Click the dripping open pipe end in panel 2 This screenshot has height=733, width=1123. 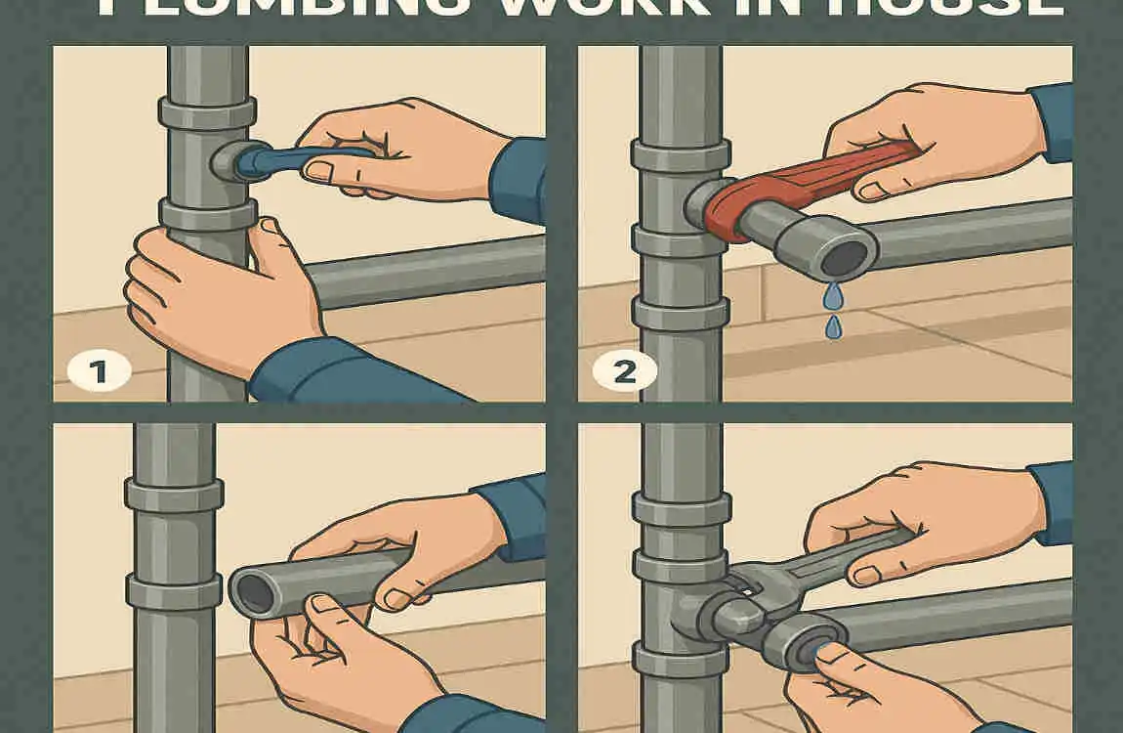coord(846,256)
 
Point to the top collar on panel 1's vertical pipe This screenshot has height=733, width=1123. coord(207,114)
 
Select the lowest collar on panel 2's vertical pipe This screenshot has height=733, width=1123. coord(680,313)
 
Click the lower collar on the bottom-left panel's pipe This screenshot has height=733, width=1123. coord(174,591)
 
